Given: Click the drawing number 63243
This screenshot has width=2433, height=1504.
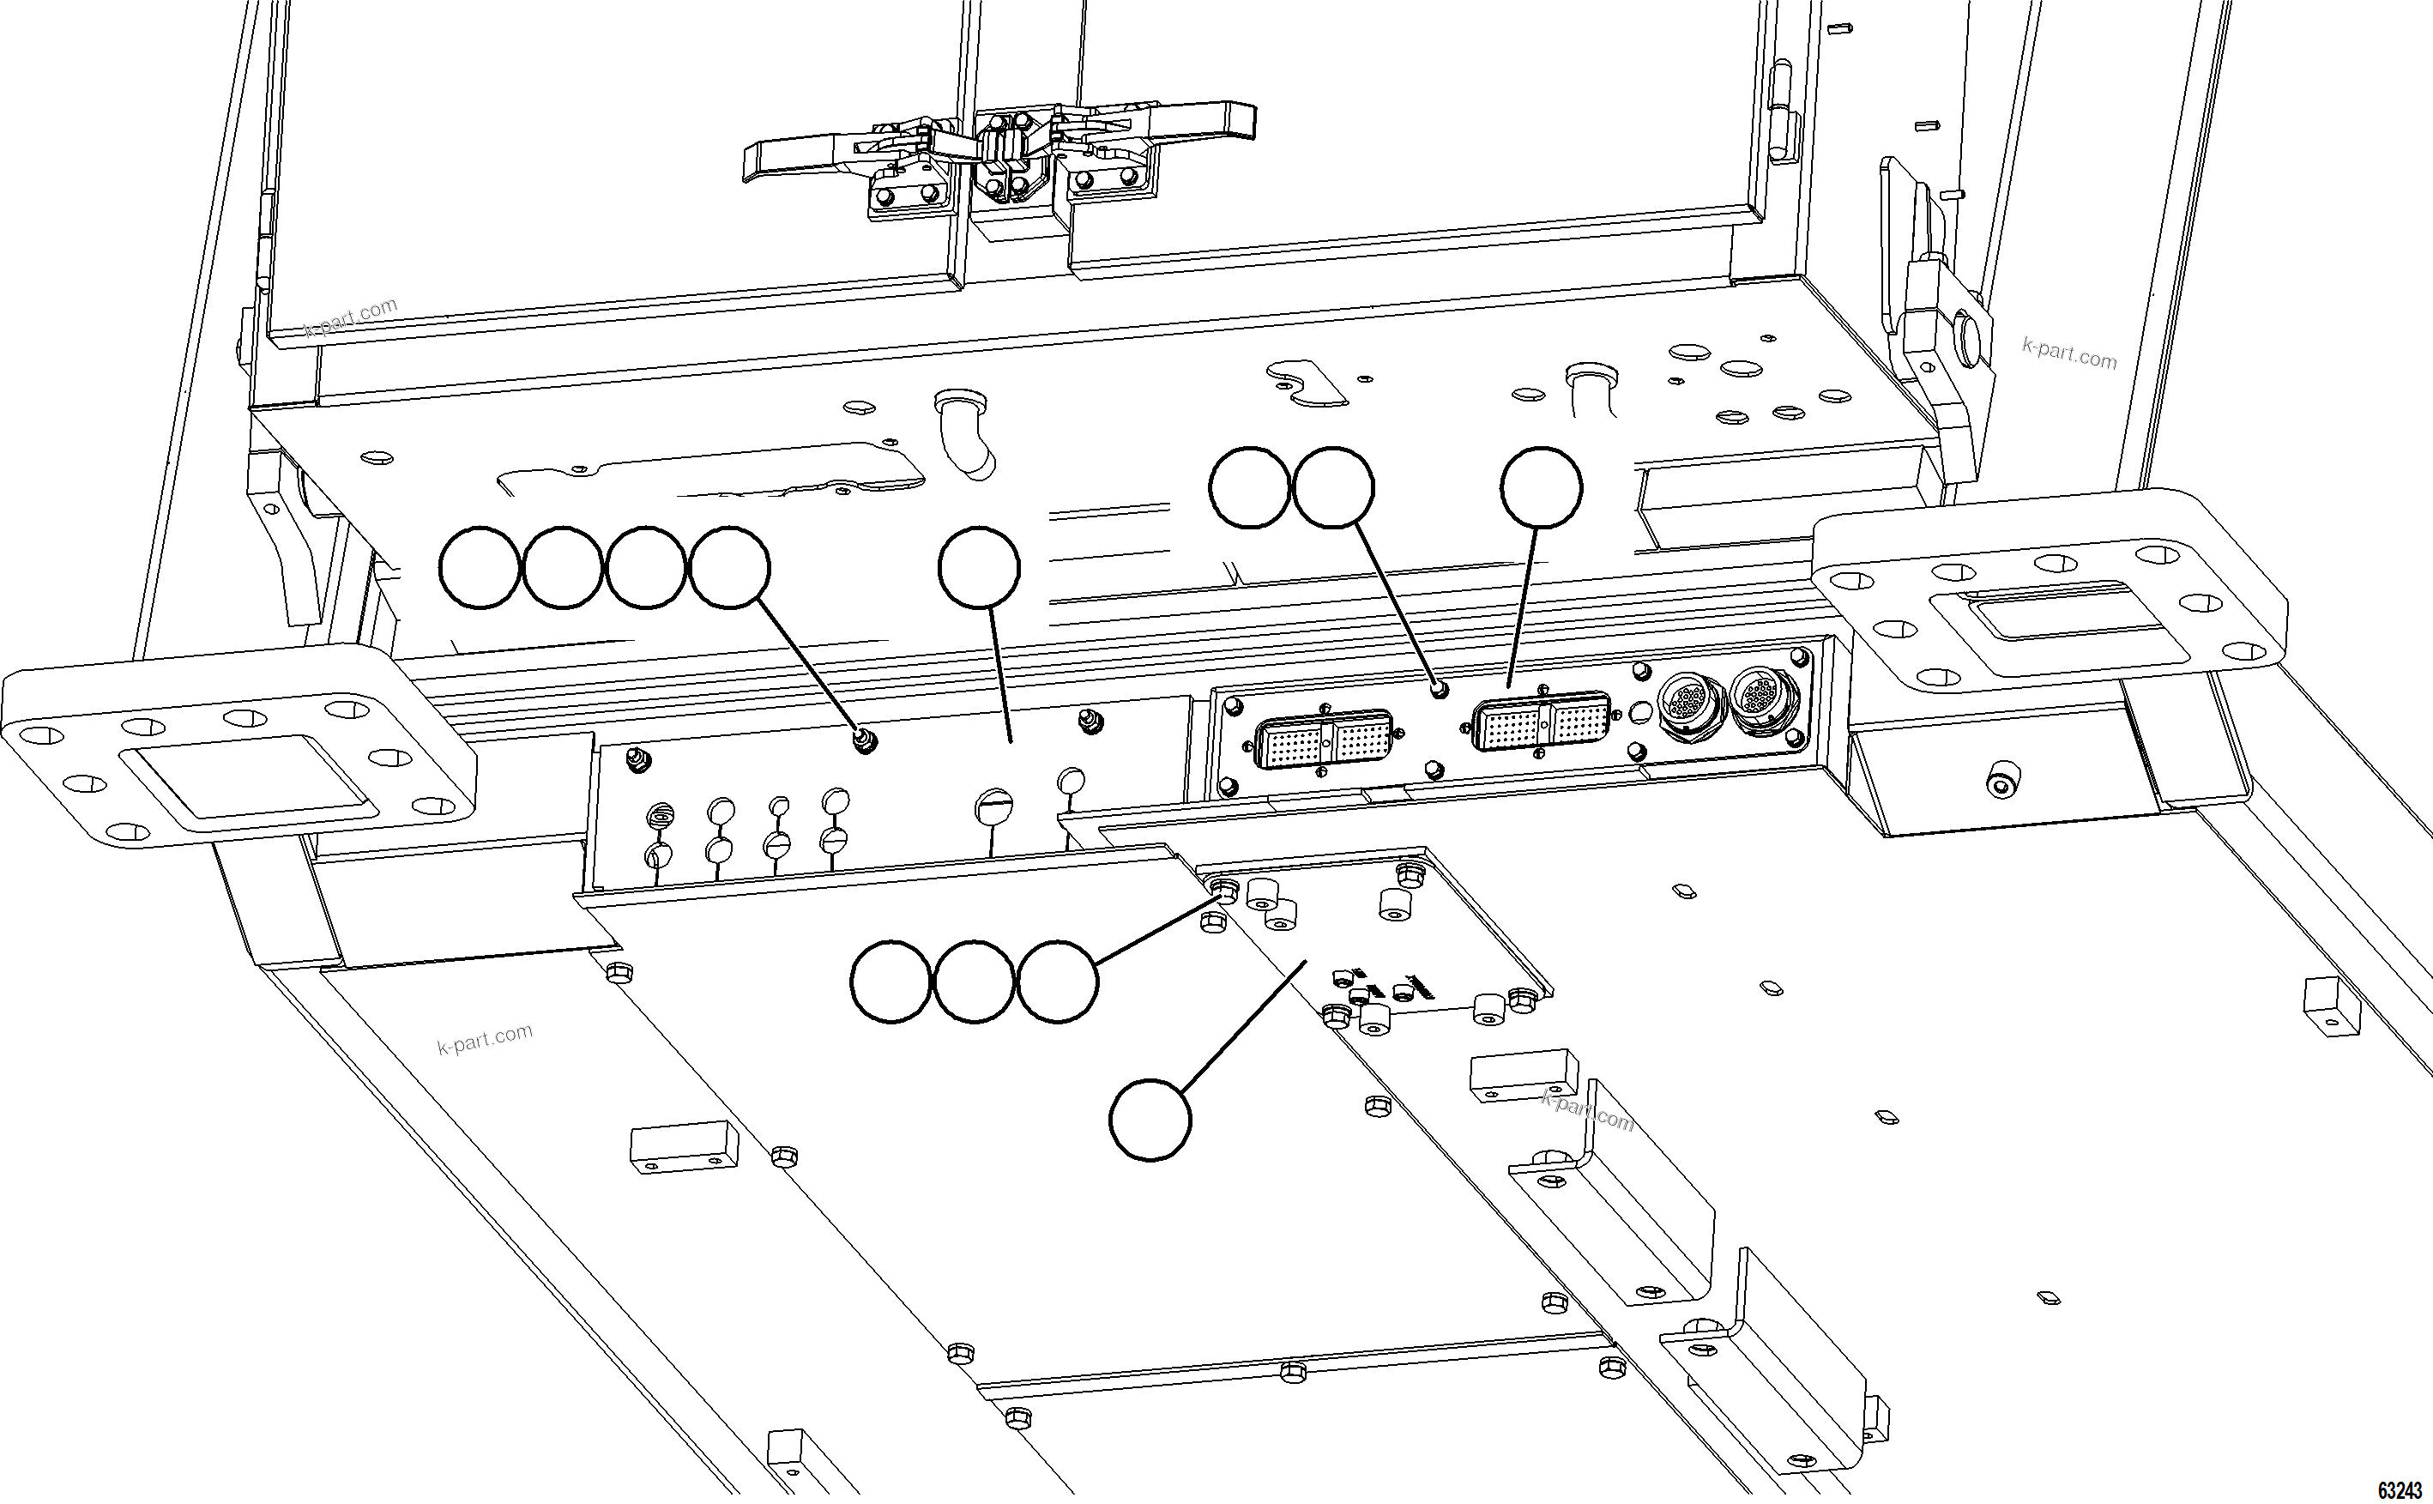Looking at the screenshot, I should pos(2397,1490).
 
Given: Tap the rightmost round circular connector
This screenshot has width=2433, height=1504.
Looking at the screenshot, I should pos(1764,699).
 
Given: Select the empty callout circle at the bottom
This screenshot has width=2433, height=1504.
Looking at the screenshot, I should pos(1150,1120).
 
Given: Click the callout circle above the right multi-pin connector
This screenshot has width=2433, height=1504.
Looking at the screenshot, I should pos(1541,487).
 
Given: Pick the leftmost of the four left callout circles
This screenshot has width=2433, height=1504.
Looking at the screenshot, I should pos(480,568).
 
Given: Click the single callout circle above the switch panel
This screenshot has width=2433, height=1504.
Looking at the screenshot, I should pos(979,567).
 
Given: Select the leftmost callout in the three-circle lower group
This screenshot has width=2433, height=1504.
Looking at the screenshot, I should pos(891,982).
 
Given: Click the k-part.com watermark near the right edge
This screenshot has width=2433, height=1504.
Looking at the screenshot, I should pos(2069,353).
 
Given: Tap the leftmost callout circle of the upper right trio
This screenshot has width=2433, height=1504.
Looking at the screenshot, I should pos(1250,487).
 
